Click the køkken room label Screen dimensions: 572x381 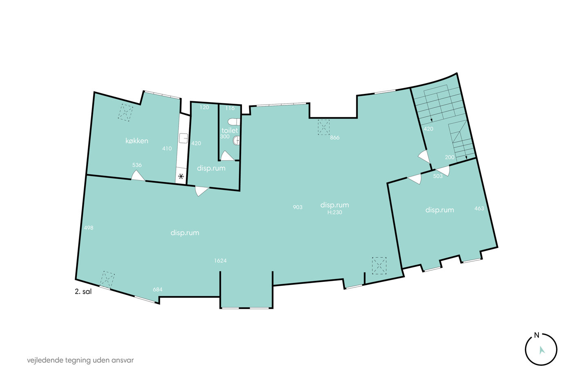coord(136,140)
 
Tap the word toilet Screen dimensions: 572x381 coord(230,130)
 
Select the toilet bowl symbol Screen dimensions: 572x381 coord(234,122)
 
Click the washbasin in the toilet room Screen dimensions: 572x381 coord(237,140)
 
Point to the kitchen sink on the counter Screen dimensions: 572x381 coord(183,138)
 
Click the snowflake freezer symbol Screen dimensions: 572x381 coord(181,176)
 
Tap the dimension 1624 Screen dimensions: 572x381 coord(220,261)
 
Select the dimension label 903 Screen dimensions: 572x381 coord(297,207)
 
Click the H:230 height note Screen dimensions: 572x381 coord(335,212)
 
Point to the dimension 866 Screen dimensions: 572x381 coord(335,138)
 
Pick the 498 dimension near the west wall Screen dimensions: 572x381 coord(89,227)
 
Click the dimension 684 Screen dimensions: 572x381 coord(158,290)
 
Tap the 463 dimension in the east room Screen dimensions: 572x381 coord(479,209)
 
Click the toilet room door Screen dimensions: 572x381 coord(227,156)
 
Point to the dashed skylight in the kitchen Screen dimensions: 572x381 coord(125,113)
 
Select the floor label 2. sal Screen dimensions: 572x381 coord(83,292)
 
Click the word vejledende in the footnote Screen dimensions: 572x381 coord(45,360)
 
